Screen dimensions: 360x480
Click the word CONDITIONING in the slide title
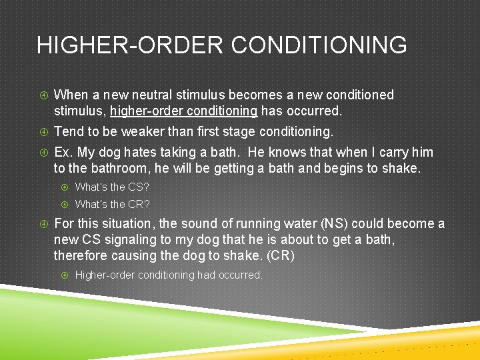319,45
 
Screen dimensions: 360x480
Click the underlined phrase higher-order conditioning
184,111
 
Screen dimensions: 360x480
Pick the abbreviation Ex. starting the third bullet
64,153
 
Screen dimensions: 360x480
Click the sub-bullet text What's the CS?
112,187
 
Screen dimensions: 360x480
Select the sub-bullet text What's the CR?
112,204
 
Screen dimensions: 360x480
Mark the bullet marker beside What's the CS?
65,187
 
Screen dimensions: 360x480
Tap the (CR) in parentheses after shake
283,255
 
